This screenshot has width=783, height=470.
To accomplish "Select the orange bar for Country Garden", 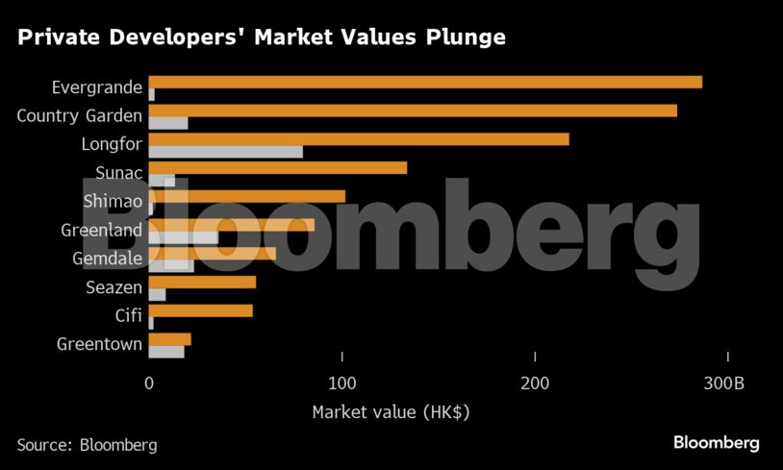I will pos(413,111).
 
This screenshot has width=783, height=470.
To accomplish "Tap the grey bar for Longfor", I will pos(226,152).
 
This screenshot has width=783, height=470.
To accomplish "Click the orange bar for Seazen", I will pos(202,283).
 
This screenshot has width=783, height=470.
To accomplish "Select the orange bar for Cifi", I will pos(200,310).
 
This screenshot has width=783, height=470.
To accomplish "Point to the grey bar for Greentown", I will pos(166,352).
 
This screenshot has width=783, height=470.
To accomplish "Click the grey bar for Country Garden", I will pos(168,123).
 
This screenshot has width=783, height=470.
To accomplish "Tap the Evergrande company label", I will pos(96,88).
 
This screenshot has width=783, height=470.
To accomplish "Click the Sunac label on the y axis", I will pos(118,174).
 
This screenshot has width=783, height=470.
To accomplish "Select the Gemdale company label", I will pos(107,259).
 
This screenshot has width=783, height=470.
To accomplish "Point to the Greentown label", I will pos(99,344).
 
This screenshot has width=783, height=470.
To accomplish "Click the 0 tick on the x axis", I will pos(149,383).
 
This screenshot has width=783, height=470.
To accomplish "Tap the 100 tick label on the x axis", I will pos(342,383).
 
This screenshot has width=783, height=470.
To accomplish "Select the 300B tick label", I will pos(724,383).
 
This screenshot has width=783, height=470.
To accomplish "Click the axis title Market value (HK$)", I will pos(391,412).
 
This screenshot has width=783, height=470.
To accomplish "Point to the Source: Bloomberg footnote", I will pos(87,445).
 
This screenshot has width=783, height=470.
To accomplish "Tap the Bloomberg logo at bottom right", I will pos(716,443).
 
